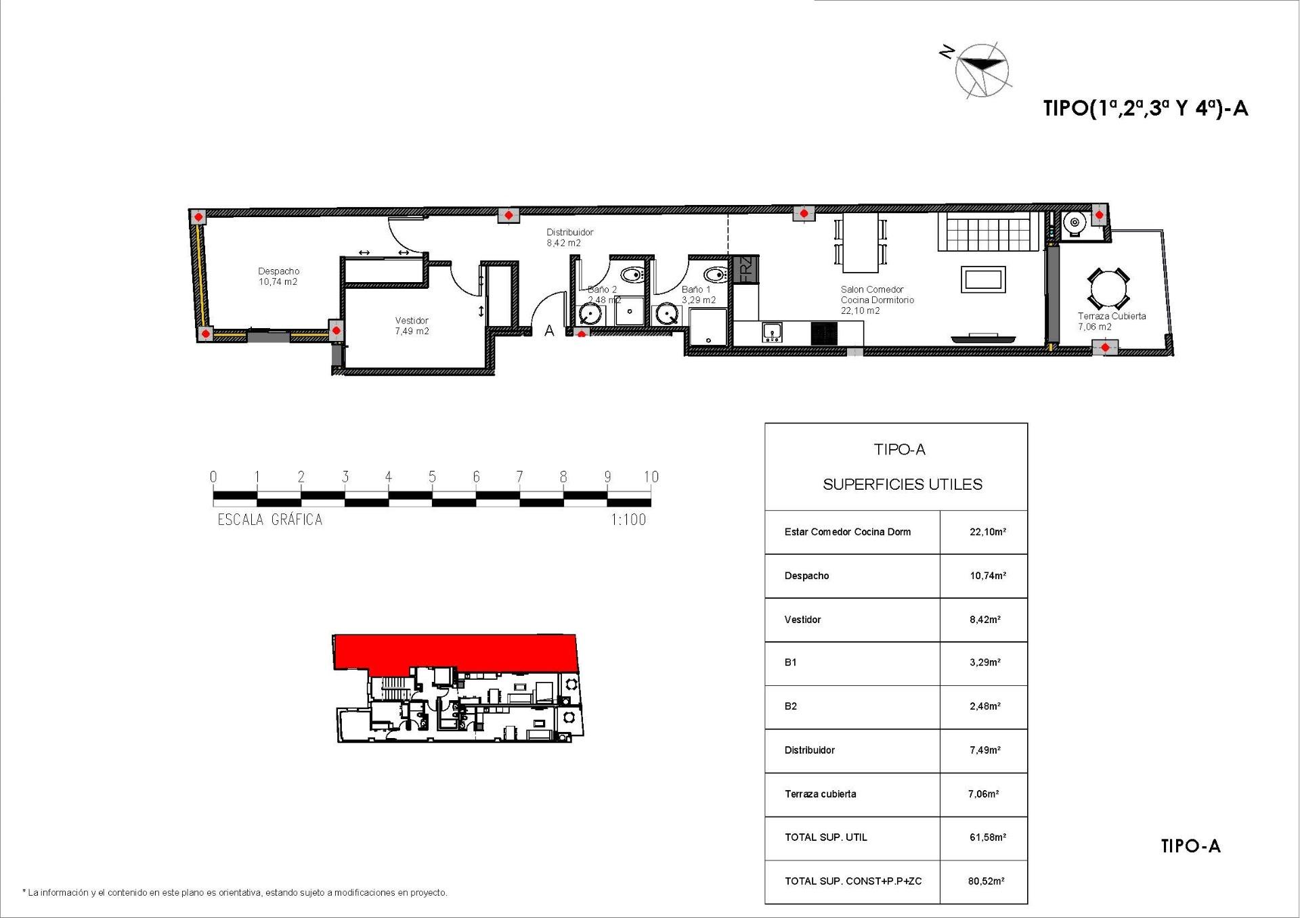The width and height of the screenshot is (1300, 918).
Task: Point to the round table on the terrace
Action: click(x=1108, y=290)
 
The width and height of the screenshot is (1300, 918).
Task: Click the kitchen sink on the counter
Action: click(x=772, y=332)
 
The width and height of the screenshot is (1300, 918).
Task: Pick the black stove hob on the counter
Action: click(x=824, y=333)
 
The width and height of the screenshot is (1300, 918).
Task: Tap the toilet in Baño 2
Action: click(x=631, y=275)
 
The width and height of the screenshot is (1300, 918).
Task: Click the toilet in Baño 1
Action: click(x=714, y=275)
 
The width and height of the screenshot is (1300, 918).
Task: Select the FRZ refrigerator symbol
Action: click(x=745, y=269)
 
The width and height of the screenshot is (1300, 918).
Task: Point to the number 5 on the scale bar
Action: click(x=432, y=477)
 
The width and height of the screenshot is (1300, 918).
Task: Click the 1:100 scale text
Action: click(x=628, y=520)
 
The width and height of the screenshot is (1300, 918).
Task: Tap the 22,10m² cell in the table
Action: click(x=987, y=532)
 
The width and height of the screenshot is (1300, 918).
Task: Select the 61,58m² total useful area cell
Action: click(x=987, y=837)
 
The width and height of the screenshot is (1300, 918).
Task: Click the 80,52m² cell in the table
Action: click(x=986, y=881)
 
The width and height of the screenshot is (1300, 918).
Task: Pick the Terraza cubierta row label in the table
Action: click(x=820, y=794)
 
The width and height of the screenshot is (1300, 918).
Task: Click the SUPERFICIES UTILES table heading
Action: click(x=902, y=484)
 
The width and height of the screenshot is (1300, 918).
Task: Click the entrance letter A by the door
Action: click(x=549, y=331)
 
